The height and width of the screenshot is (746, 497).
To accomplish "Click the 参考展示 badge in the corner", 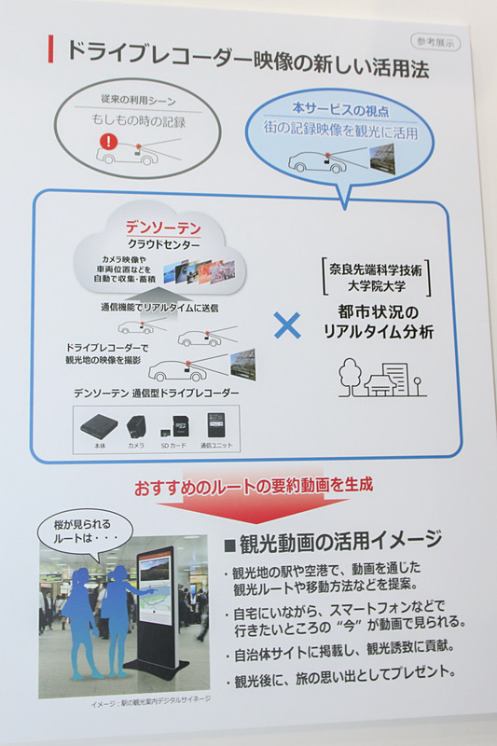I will pyautogui.click(x=435, y=41).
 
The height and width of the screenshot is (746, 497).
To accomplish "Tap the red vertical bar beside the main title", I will pyautogui.click(x=50, y=50).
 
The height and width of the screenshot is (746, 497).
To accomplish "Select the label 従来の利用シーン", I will pyautogui.click(x=137, y=98).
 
